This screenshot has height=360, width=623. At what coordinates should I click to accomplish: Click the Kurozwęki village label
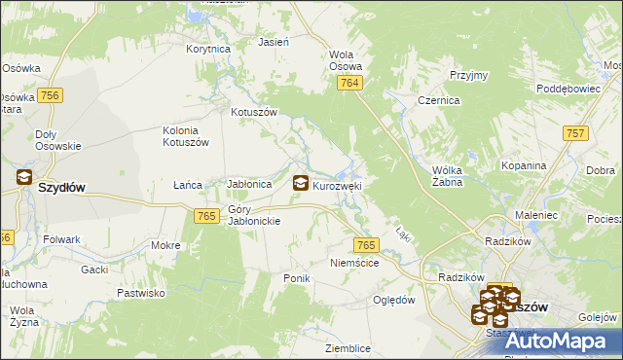point(338,185)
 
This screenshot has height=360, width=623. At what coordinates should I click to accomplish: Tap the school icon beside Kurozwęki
point(302,182)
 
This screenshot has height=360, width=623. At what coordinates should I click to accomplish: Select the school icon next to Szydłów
point(23,178)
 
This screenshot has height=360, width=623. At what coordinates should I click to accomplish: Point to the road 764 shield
point(351,85)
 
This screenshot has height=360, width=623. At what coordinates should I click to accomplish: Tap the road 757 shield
point(575,132)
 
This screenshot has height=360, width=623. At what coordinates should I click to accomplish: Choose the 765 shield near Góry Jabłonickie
point(205,216)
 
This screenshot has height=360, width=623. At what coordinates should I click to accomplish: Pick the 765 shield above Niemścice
point(366,246)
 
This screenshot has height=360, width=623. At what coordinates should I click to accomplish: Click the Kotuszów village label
point(254,112)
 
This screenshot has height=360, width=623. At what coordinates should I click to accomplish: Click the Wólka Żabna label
point(452,174)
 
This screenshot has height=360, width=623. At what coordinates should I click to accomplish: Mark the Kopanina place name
point(524,165)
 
